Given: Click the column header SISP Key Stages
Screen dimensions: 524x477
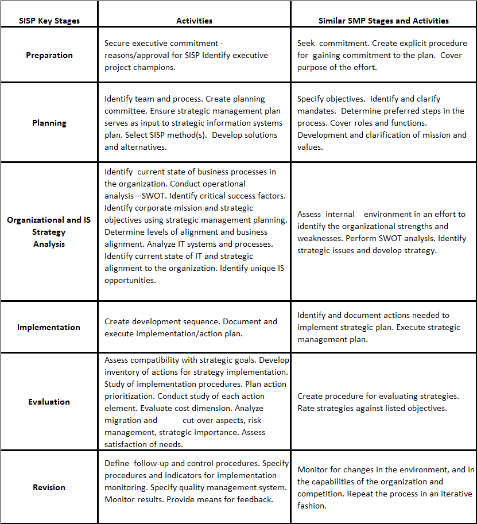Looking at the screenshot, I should point(49,21).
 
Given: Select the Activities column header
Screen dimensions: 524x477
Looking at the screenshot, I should point(194,21).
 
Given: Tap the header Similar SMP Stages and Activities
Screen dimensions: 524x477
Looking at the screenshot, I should point(383,21).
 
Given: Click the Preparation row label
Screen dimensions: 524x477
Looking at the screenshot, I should point(49,55).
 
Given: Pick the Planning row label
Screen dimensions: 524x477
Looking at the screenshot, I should point(49,123).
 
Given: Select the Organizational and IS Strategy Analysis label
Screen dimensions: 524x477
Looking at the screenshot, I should point(49,232).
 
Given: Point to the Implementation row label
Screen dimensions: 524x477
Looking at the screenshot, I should point(49,327).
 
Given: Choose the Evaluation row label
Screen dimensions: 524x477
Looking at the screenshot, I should point(49,402).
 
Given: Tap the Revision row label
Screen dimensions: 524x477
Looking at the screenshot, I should point(49,487).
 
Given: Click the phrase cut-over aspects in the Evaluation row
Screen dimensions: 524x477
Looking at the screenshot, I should point(200,420).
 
